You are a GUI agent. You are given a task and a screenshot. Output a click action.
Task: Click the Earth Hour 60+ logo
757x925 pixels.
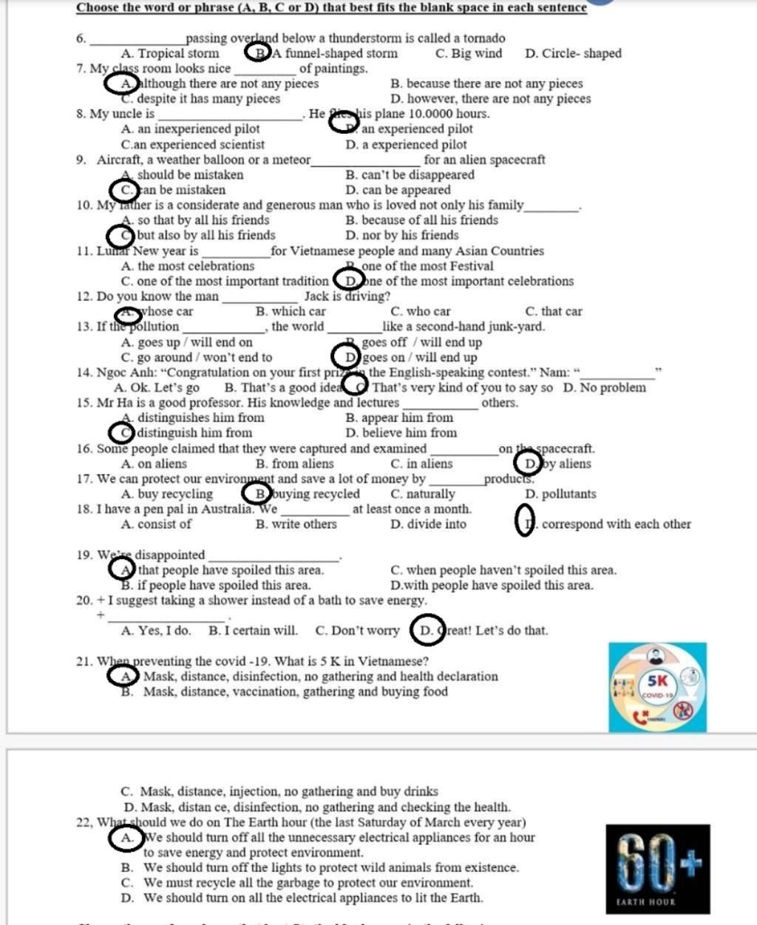pyautogui.click(x=657, y=869)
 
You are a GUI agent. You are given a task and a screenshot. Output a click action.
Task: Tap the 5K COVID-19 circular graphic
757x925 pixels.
pyautogui.click(x=657, y=687)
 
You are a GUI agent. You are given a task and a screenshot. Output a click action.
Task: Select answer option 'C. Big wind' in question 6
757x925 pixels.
pyautogui.click(x=469, y=53)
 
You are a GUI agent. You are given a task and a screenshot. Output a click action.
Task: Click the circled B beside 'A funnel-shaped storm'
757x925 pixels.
pyautogui.click(x=258, y=53)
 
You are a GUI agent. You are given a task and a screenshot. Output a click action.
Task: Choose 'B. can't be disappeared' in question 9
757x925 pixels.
pyautogui.click(x=410, y=175)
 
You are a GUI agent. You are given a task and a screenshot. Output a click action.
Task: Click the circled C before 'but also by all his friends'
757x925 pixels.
pyautogui.click(x=121, y=236)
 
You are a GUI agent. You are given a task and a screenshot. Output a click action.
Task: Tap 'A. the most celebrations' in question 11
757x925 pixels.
pyautogui.click(x=188, y=266)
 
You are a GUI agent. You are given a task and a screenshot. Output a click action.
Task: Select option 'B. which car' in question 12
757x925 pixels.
pyautogui.click(x=291, y=312)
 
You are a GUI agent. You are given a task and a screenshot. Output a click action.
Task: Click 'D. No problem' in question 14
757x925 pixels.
pyautogui.click(x=604, y=387)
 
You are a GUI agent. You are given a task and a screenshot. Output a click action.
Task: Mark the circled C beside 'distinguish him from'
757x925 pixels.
pyautogui.click(x=122, y=433)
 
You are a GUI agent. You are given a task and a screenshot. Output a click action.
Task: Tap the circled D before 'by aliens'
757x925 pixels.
pyautogui.click(x=529, y=464)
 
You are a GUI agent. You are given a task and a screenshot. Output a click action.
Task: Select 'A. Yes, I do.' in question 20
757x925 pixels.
pyautogui.click(x=155, y=631)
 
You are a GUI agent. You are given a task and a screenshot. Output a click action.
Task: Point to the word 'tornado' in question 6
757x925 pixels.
pyautogui.click(x=483, y=38)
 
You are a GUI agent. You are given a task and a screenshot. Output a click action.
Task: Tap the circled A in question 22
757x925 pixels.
pyautogui.click(x=127, y=838)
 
